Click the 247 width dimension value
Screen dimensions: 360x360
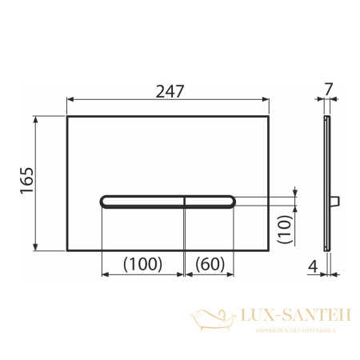[170, 90]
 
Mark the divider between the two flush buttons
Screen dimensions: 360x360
[186, 202]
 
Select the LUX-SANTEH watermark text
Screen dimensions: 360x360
[286, 318]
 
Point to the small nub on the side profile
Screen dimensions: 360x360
[338, 198]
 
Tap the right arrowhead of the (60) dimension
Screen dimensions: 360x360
[233, 274]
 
